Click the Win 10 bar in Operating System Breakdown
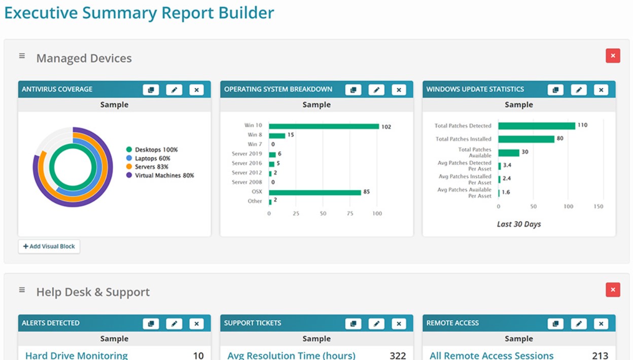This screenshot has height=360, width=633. [x=324, y=126]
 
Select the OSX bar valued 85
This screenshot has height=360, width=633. [x=314, y=192]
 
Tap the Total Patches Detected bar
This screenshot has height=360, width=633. [x=536, y=126]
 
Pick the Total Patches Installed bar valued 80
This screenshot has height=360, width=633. [x=526, y=139]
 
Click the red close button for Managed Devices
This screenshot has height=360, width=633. [x=613, y=56]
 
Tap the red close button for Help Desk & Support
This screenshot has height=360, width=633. [x=613, y=290]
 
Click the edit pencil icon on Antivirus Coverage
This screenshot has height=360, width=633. [x=174, y=90]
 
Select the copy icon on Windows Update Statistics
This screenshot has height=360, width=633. [x=555, y=90]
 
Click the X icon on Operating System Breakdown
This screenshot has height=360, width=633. [x=399, y=90]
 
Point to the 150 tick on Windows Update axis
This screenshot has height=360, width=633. [x=599, y=207]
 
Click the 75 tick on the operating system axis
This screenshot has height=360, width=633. [x=350, y=214]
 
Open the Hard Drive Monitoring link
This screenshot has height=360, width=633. [x=76, y=355]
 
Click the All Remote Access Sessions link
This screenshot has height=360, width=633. [x=491, y=355]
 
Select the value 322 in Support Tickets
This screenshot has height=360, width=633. [x=398, y=355]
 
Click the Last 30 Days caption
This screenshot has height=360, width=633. [x=519, y=224]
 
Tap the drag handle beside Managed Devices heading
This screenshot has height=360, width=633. [x=22, y=56]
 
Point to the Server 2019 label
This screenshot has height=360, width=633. [x=247, y=154]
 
